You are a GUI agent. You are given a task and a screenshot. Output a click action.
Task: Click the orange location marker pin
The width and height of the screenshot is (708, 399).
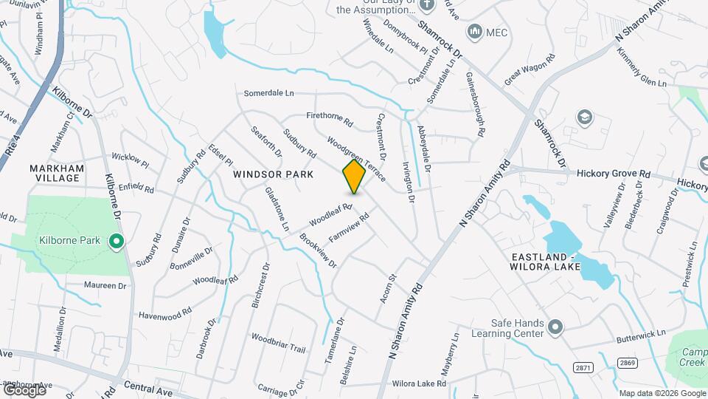pos(355,177)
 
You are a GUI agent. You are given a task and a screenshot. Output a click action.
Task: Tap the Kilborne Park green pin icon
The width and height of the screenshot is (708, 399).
pos(116,241)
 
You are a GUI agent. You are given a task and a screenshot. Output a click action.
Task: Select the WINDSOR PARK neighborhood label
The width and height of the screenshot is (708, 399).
pos(274,174)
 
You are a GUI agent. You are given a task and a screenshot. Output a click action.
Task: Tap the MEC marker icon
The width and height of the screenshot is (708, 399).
pos(474,32)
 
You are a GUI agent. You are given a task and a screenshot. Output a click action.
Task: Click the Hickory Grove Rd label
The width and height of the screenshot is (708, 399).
pos(614,174)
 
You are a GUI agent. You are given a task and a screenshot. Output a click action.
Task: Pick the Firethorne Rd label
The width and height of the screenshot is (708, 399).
pos(330,119)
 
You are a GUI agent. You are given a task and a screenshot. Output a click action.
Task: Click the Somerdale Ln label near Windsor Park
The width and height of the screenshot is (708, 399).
pos(269,94)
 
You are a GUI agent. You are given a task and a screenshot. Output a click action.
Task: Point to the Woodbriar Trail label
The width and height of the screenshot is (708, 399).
pos(278,343)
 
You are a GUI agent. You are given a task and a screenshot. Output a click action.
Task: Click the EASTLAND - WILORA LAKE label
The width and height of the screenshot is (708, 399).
pos(543,262)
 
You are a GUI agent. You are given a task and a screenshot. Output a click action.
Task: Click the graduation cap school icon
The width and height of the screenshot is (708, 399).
pos(585,117)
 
